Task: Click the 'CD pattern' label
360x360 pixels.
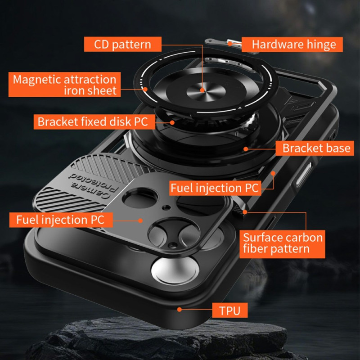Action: tap(122, 44)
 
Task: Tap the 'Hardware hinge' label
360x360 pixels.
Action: tap(292, 44)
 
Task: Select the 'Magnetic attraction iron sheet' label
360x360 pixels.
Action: tap(64, 85)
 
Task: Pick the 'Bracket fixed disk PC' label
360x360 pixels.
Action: tap(94, 121)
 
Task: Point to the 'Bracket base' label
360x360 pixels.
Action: tap(315, 148)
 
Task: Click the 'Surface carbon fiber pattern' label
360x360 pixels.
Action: tap(282, 244)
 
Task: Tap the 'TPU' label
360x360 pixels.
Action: tap(230, 310)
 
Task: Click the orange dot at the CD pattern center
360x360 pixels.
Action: tap(202, 90)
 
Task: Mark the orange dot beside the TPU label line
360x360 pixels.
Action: tap(180, 310)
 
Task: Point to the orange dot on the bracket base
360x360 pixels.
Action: tap(246, 149)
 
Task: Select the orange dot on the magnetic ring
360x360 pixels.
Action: tap(145, 89)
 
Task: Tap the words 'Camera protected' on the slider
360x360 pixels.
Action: tap(93, 185)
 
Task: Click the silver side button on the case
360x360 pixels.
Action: tap(303, 175)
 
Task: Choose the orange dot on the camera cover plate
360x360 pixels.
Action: tap(140, 220)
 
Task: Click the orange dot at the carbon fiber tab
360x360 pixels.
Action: tap(245, 212)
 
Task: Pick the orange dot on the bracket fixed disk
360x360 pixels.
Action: tap(172, 122)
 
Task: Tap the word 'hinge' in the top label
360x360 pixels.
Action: tap(321, 45)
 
